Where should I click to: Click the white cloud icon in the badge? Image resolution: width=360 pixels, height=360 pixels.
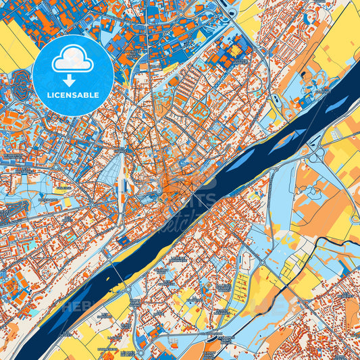tap(72, 59)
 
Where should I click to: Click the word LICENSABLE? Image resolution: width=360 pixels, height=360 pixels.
tap(72, 95)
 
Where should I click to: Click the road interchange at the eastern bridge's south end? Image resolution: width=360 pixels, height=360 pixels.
tap(315, 157)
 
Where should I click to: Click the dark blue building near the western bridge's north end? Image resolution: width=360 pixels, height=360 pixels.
tap(124, 239)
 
